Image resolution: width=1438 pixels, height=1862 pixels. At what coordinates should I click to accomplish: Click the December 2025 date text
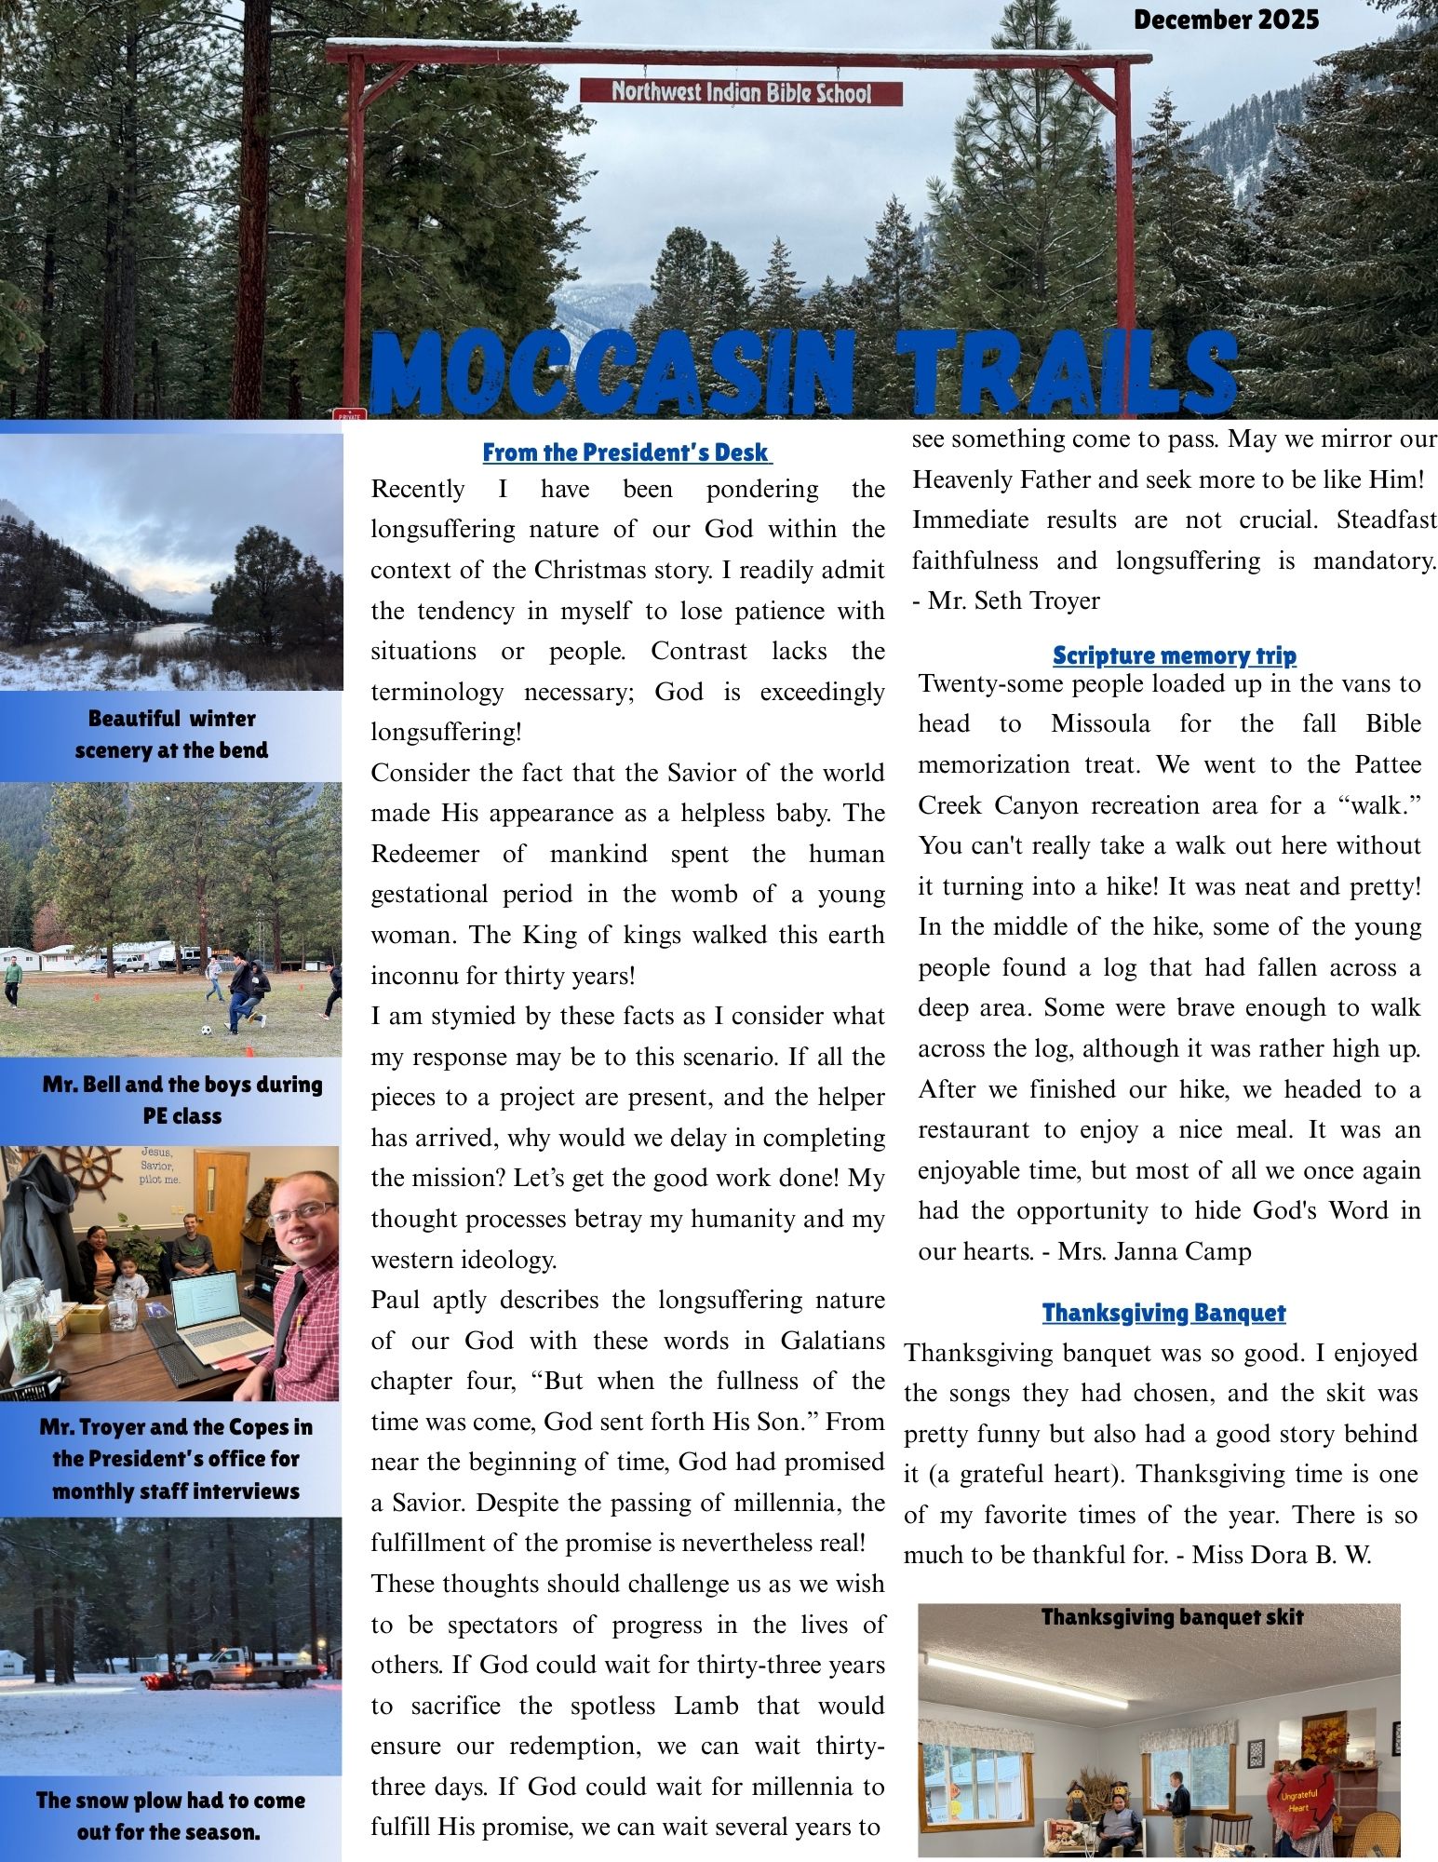click(1225, 20)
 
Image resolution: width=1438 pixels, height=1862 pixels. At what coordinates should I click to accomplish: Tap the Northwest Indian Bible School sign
click(741, 92)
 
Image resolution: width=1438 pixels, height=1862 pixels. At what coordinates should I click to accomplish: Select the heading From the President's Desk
click(626, 453)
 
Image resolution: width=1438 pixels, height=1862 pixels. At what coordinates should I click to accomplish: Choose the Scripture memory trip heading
click(1174, 655)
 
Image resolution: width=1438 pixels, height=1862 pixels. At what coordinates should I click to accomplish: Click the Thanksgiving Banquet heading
click(1163, 1313)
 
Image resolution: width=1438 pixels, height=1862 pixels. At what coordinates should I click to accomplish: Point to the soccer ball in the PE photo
click(206, 1031)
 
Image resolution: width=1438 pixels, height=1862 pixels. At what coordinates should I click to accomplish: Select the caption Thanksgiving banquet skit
click(1172, 1617)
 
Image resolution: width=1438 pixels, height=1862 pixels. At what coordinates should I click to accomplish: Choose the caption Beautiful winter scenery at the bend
click(171, 735)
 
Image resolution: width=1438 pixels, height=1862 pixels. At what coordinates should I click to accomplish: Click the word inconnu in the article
click(415, 976)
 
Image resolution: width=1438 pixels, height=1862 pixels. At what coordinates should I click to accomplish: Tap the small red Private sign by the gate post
click(349, 414)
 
